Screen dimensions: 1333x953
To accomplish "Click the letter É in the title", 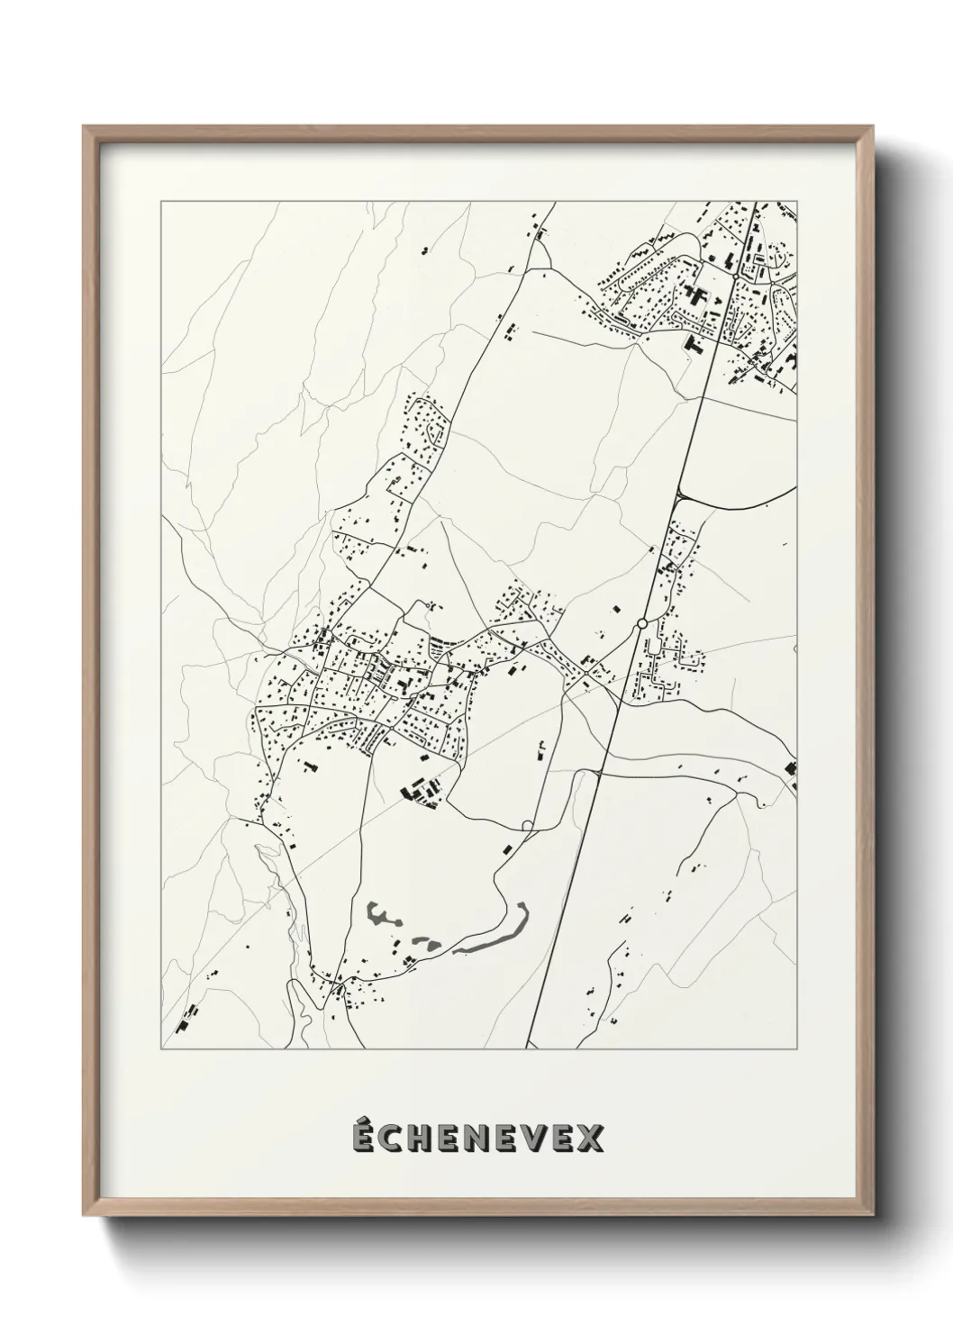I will coord(363,1138).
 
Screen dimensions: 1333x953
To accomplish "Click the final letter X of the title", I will coord(591,1139).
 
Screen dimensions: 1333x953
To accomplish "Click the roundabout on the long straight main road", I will coord(641,623).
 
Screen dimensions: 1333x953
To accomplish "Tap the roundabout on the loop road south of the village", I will coord(527,825).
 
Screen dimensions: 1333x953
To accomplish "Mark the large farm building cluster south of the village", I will coord(419,791).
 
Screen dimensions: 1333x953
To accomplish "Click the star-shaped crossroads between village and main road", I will coord(585,674).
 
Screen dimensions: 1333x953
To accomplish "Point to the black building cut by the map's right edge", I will coord(792,768).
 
